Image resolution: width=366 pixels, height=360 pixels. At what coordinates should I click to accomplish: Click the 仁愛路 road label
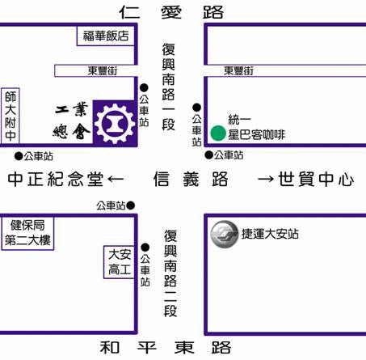[171, 12]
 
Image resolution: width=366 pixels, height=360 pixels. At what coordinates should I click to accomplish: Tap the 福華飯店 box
[106, 36]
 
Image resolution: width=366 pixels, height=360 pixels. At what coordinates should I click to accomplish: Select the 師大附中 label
[11, 116]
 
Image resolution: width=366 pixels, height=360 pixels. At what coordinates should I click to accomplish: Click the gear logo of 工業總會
[115, 124]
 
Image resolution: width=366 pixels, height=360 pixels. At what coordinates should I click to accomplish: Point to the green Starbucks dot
[218, 133]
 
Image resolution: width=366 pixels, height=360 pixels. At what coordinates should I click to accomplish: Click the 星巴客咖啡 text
[257, 134]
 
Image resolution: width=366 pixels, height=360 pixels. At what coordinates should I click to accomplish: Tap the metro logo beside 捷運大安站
[224, 234]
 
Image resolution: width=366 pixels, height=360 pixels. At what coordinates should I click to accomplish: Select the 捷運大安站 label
[270, 234]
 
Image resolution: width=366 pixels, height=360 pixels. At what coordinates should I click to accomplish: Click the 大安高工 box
[119, 262]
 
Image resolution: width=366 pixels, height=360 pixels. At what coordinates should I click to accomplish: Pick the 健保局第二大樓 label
[27, 233]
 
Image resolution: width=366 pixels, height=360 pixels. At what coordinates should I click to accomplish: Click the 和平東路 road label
[166, 347]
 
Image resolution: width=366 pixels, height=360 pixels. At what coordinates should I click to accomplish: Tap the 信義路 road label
[191, 179]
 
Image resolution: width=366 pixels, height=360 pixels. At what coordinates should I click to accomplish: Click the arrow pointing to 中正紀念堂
[116, 179]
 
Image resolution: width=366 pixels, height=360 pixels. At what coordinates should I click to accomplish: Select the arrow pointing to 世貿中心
[266, 179]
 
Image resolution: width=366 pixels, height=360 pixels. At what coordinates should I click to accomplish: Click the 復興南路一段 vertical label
[168, 87]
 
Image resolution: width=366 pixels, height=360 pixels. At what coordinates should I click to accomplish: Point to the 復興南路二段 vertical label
[170, 273]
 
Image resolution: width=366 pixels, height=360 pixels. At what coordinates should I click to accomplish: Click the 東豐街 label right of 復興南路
[238, 71]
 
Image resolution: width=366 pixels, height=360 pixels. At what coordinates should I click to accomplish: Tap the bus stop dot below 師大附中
[19, 156]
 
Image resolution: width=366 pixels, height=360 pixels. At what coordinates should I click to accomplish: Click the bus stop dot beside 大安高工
[145, 248]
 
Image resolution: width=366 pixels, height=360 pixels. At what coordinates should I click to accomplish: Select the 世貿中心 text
[316, 179]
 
